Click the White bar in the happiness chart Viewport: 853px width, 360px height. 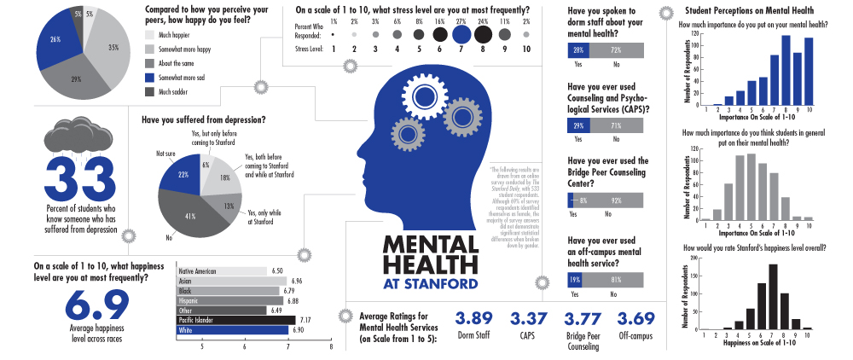pos(231,329)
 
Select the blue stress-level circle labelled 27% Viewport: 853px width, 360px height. pos(462,34)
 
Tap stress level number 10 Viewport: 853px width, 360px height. pos(527,49)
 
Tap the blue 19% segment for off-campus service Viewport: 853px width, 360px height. pos(575,279)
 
